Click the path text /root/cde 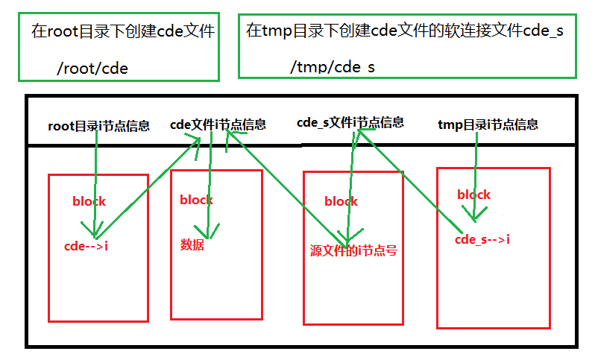(x=92, y=68)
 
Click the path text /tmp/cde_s (x=333, y=68)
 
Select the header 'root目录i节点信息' (x=98, y=126)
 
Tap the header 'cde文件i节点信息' (x=218, y=124)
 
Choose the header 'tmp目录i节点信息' (x=488, y=124)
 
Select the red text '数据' (x=192, y=244)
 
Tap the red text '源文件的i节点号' (x=353, y=250)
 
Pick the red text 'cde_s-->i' (x=482, y=239)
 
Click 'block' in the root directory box (x=89, y=201)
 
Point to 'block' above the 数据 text (x=196, y=200)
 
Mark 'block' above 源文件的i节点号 (x=341, y=201)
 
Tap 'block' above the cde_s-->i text (x=473, y=195)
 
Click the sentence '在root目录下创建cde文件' (x=123, y=31)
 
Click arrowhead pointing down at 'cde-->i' (x=95, y=230)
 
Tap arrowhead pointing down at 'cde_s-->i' (x=474, y=215)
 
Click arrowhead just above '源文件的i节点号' (x=345, y=236)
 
